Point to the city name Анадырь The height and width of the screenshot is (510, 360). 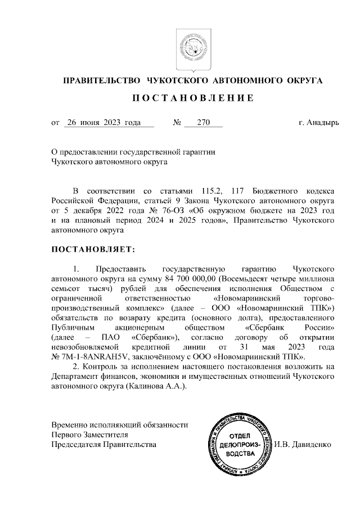point(323,122)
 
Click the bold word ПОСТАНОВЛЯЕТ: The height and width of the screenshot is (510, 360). point(92,248)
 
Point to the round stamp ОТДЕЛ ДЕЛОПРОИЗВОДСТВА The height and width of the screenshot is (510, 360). point(240,444)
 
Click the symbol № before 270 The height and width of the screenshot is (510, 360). point(178,122)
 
